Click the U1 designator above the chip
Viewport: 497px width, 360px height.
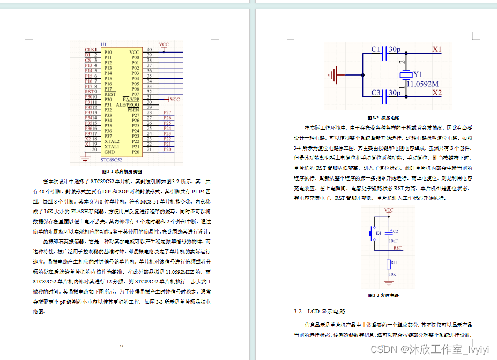point(103,44)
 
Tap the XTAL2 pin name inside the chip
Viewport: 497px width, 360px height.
point(112,141)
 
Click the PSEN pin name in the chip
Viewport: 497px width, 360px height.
point(133,110)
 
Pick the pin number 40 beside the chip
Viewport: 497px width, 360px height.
point(149,49)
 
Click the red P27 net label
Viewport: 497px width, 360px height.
point(167,112)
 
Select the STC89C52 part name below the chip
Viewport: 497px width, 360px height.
point(112,160)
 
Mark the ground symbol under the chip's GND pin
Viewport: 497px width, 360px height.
point(84,158)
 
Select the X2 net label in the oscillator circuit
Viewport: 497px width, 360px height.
point(437,93)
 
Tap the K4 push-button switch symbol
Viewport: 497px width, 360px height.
point(370,234)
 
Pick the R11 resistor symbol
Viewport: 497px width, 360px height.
point(389,265)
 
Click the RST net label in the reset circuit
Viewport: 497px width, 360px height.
point(397,248)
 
